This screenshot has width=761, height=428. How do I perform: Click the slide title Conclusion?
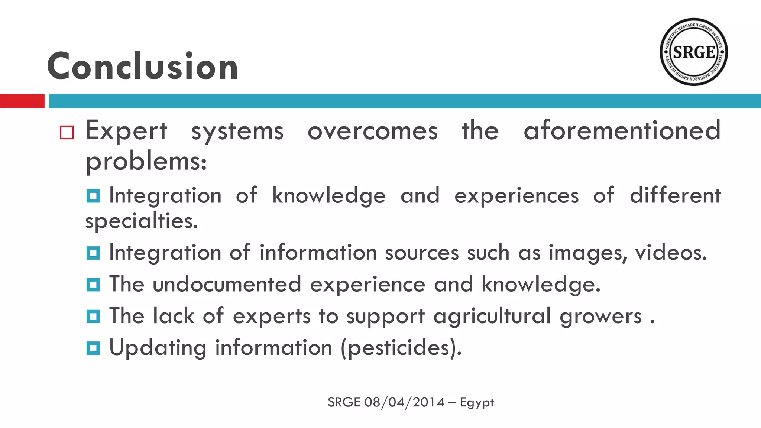coord(142,67)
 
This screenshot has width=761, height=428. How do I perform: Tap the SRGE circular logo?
coord(693,52)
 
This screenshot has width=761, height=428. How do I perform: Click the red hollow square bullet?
coord(67,133)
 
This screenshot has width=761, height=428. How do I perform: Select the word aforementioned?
coord(622,131)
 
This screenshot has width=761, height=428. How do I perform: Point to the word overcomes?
coord(372,132)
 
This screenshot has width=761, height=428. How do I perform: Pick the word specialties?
coord(141,221)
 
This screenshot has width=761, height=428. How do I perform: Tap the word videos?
coord(670,253)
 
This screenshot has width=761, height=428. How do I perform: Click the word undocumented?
coord(227,284)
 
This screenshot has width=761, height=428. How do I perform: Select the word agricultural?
coord(492,317)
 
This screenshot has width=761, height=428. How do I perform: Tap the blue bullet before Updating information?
coord(93,348)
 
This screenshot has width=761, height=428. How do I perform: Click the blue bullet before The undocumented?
coord(93,285)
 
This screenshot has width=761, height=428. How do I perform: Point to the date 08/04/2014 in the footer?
coord(404,402)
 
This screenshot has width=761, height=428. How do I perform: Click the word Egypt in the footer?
coord(477,403)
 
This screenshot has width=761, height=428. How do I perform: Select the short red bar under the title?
coord(22,101)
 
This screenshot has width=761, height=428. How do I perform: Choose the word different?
coord(675,195)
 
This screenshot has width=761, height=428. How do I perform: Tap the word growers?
coord(600,317)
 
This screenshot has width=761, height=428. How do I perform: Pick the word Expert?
coord(126,132)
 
